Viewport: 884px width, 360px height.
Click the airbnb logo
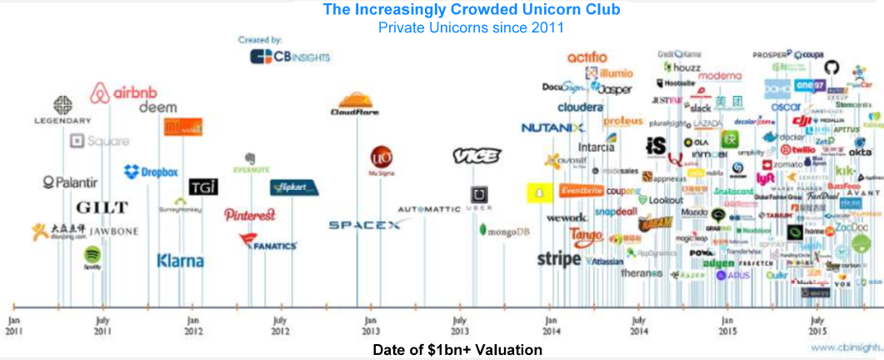124,92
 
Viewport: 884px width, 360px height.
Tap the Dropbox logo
152,172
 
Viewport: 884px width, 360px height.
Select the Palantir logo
70,182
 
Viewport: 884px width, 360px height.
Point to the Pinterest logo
250,214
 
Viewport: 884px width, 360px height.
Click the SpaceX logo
364,225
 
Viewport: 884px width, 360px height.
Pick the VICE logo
477,156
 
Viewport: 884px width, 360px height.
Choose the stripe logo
558,259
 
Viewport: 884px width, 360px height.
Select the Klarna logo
180,261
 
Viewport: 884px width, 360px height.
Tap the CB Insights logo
290,57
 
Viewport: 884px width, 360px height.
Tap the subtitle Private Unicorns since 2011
471,27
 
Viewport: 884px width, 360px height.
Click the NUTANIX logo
553,127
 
